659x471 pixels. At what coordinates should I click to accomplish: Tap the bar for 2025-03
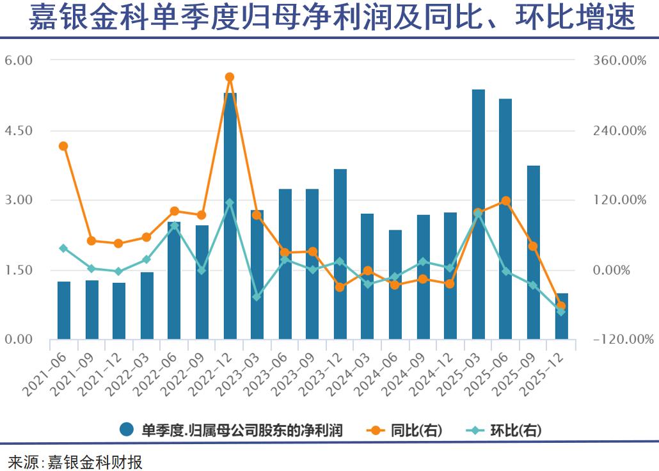click(479, 214)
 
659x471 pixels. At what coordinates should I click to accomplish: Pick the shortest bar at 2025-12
click(562, 316)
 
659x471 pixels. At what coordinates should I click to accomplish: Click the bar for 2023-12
click(340, 254)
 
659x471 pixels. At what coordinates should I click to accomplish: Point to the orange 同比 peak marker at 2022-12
click(230, 77)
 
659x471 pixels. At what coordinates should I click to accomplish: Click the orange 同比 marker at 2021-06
click(63, 146)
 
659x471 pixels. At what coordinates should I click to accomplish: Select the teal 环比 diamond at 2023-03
click(257, 297)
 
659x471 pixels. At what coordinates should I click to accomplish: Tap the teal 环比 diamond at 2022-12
click(230, 203)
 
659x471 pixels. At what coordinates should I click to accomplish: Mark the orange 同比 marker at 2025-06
click(506, 201)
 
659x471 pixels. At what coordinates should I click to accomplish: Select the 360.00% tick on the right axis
click(619, 60)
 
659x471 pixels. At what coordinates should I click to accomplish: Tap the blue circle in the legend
click(127, 430)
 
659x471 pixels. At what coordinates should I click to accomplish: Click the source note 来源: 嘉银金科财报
click(75, 461)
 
